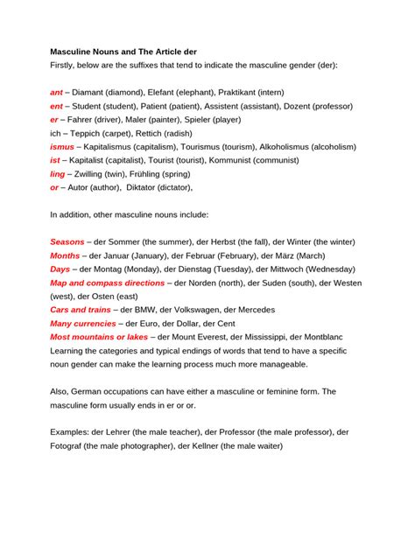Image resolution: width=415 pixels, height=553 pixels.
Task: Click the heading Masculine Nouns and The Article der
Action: pyautogui.click(x=123, y=52)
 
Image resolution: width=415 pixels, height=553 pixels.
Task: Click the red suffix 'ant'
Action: pyautogui.click(x=56, y=92)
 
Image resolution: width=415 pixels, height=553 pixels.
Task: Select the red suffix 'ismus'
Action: pyautogui.click(x=62, y=147)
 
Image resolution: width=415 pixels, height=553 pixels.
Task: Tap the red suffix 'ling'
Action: pyautogui.click(x=58, y=173)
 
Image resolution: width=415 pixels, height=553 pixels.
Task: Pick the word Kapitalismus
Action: pyautogui.click(x=115, y=147)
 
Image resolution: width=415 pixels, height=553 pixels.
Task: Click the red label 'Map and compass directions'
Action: pyautogui.click(x=107, y=283)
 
